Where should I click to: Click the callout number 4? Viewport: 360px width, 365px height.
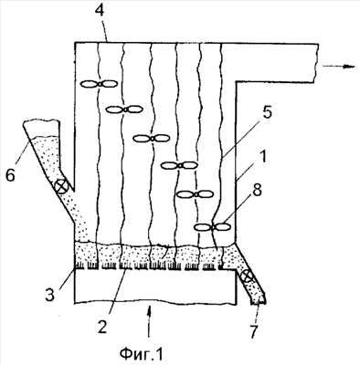(100, 11)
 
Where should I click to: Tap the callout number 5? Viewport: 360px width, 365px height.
(267, 113)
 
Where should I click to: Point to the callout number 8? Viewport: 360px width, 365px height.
(257, 192)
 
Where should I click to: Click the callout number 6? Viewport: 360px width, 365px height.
(10, 175)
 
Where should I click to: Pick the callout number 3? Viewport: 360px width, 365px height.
(50, 294)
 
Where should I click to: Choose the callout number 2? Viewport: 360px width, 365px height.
(102, 327)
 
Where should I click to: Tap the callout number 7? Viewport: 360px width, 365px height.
(253, 331)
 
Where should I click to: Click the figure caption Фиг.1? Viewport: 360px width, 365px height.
(142, 353)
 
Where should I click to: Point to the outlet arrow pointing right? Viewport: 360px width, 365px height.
(339, 66)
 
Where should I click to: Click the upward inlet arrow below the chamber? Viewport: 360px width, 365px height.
(149, 322)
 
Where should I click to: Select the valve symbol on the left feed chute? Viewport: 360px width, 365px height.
(60, 186)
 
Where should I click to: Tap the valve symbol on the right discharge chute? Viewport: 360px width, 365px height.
(247, 276)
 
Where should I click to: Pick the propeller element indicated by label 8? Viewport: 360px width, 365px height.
(213, 227)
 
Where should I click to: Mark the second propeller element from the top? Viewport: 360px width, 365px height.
(124, 109)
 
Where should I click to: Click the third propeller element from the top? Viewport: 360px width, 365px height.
(152, 139)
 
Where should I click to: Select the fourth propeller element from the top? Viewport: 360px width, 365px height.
(179, 165)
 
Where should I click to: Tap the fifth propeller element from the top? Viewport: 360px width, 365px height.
(196, 194)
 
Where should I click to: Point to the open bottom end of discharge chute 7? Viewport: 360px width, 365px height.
(259, 302)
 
